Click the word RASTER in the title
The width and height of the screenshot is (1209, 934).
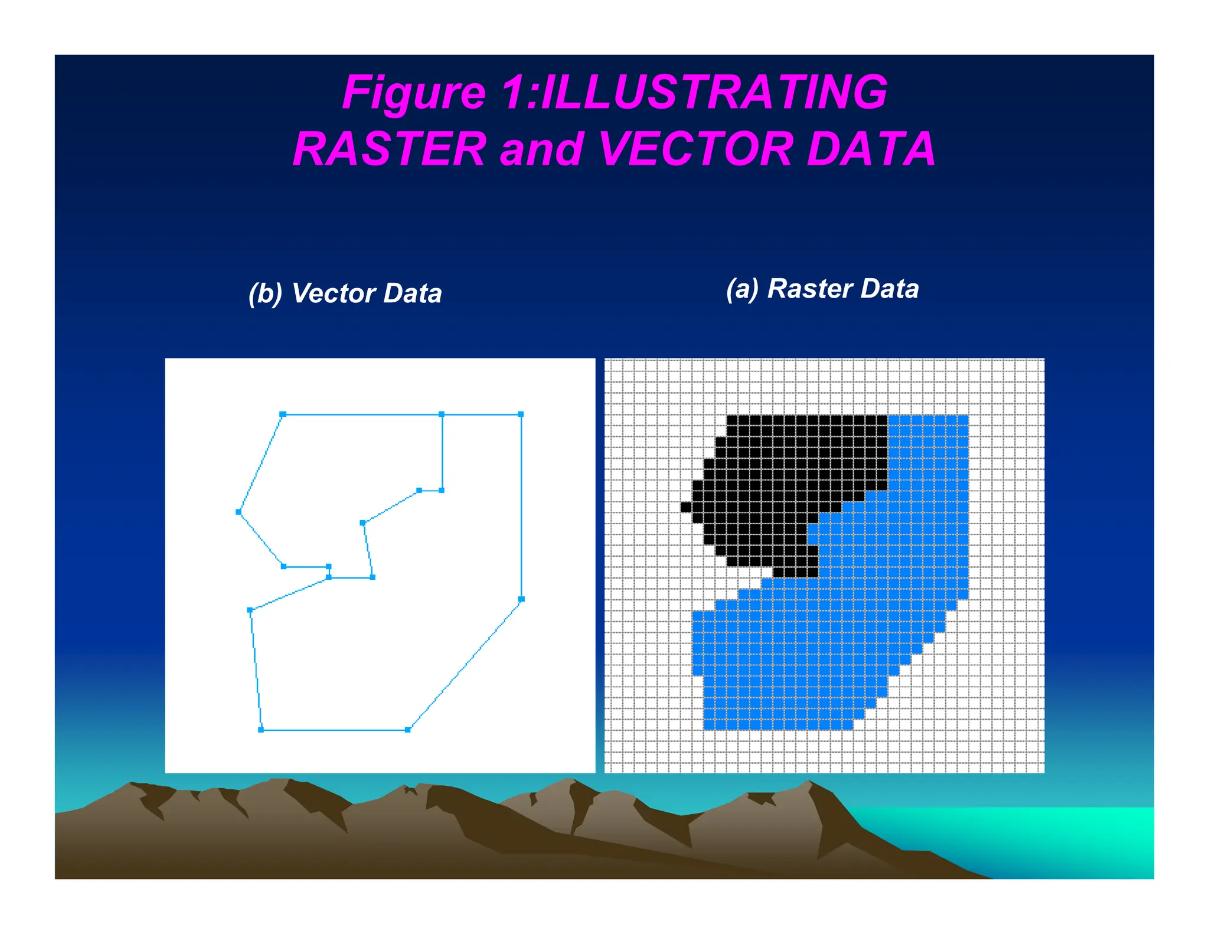(x=389, y=149)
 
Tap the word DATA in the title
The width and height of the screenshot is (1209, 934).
(x=871, y=149)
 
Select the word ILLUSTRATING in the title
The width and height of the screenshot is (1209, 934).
(x=714, y=92)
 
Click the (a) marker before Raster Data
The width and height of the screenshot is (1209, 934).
(x=742, y=289)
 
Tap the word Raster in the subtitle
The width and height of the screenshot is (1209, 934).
(x=809, y=289)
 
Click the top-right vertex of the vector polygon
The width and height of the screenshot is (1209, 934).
(x=521, y=414)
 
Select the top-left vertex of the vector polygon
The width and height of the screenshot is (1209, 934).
(x=283, y=414)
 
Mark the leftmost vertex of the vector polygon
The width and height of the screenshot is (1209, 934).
(x=238, y=512)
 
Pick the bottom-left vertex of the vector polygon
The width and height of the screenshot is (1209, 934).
(x=261, y=730)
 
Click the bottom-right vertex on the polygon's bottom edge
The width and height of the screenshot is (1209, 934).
(x=408, y=730)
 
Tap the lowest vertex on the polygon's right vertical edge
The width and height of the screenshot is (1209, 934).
(x=521, y=599)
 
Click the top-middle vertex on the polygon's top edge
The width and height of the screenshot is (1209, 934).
(x=442, y=414)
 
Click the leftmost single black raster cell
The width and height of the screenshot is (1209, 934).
(x=686, y=507)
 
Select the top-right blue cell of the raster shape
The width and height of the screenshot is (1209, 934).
(x=963, y=420)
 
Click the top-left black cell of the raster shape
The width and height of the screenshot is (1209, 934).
(x=732, y=420)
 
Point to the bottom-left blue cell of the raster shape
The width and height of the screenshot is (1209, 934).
(x=710, y=724)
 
